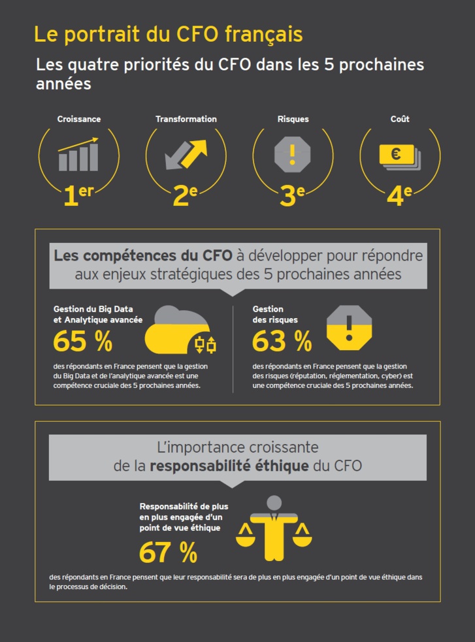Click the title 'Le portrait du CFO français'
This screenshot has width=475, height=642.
pos(168,34)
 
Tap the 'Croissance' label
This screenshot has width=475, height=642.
pos(78,120)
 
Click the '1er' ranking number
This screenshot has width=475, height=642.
pos(79,195)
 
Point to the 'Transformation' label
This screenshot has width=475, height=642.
pos(186,120)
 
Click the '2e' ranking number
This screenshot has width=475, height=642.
pos(185,195)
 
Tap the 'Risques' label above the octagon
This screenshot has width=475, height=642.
pos(293,120)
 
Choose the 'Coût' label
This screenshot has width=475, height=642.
pos(400,120)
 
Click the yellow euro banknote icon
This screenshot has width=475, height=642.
pos(397,155)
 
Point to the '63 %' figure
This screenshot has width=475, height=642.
pos(282,340)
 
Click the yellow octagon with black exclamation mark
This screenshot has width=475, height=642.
pos(349,327)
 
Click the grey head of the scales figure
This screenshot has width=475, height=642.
pos(274,503)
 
